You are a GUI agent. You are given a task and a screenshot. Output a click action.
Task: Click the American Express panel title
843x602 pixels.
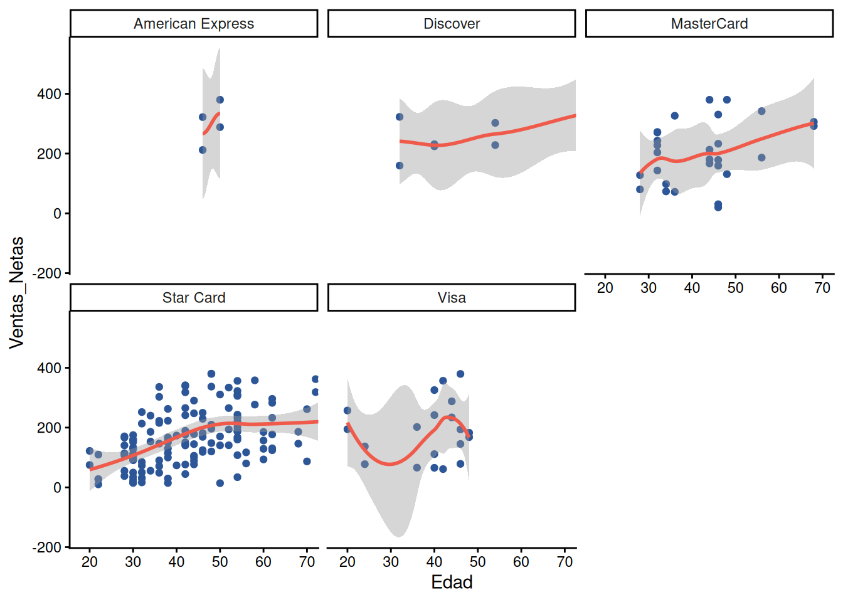pos(194,24)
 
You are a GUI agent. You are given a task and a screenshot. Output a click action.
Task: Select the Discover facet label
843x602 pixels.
pos(452,24)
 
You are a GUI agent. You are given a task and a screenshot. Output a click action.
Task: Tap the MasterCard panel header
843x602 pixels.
pos(709,24)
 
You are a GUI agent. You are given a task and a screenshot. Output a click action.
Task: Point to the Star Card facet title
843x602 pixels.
pos(194,298)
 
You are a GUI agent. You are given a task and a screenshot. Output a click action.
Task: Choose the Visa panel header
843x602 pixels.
pos(452,298)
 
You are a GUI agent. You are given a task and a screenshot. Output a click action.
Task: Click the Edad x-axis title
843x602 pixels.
pos(452,582)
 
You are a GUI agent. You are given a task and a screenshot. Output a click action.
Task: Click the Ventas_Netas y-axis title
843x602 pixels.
pos(17,293)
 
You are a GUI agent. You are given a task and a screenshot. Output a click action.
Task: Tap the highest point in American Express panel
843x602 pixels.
pos(220,100)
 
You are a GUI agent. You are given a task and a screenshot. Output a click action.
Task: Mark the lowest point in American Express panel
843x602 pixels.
pos(203,150)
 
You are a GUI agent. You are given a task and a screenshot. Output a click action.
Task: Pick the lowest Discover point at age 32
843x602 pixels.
pos(400,166)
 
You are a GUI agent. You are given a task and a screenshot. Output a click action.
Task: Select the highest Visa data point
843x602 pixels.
pos(460,374)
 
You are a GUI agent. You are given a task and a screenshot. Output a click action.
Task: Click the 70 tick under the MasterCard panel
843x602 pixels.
pos(822,288)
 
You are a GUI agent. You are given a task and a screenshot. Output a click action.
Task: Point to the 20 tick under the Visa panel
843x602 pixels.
pos(347,562)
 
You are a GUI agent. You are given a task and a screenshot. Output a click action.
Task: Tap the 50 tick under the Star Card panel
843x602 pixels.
pos(220,562)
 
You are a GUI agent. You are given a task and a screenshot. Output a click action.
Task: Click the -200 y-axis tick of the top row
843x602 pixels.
pos(46,273)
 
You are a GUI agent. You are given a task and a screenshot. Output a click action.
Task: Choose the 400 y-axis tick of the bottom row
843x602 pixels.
pos(49,367)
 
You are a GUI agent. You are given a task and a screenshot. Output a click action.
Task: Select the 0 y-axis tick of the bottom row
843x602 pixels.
pos(57,488)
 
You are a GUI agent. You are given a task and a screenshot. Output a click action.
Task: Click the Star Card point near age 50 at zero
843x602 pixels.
pos(220,483)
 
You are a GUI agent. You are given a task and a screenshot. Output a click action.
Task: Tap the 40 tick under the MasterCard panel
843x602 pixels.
pos(692,288)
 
